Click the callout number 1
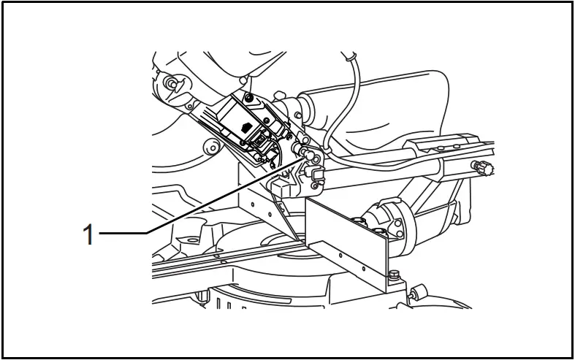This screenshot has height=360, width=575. coord(88,235)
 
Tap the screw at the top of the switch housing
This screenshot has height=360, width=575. coord(249,98)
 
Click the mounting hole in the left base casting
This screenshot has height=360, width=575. coord(191,238)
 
